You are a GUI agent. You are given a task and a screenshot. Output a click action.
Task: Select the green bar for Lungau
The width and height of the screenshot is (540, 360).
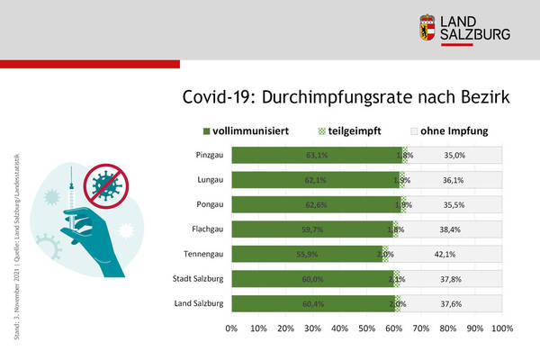pos(306,180)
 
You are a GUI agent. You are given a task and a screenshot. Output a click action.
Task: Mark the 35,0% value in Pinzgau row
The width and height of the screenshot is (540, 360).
pos(454,155)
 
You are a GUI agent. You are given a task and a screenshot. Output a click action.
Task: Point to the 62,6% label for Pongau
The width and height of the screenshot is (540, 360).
pos(316,204)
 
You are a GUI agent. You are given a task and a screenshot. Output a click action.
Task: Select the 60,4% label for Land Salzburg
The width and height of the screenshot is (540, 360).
pos(313,303)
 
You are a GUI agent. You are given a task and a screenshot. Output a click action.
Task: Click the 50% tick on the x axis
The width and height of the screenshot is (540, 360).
pos(367,328)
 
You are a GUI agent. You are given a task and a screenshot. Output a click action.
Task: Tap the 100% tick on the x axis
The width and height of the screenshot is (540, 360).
pos(500,328)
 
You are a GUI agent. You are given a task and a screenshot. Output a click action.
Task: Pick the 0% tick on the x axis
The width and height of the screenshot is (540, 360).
pos(231,328)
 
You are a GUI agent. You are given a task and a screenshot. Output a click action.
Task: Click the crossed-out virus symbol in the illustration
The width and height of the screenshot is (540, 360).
pos(105,186)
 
